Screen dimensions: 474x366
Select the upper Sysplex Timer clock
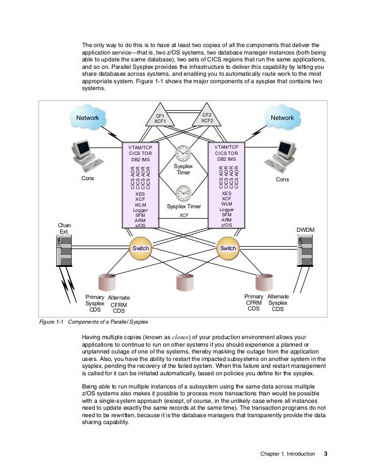tap(184, 153)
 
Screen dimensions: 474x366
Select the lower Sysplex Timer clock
tap(184, 192)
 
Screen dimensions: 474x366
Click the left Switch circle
tap(141, 248)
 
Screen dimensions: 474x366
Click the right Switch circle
tap(228, 248)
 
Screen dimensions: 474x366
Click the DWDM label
tap(305, 230)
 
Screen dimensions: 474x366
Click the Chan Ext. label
tap(64, 228)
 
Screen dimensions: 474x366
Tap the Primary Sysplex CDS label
tap(95, 303)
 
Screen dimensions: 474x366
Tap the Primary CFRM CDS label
tap(254, 303)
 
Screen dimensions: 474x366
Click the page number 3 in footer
tap(325, 454)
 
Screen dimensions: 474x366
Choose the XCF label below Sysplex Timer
tap(184, 215)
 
